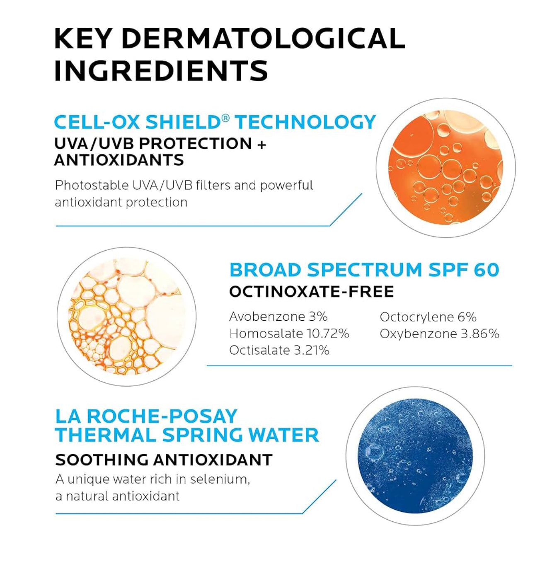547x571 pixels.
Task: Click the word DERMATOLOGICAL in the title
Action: [263, 39]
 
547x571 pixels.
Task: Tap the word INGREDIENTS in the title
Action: [161, 70]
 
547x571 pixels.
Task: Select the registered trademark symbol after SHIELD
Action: [225, 119]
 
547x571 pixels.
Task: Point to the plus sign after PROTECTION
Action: [262, 144]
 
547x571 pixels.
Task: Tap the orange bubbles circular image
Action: [445, 167]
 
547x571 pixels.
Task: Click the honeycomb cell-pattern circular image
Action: [126, 316]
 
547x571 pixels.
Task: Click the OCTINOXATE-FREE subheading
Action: [311, 292]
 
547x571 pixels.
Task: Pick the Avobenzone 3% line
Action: [278, 317]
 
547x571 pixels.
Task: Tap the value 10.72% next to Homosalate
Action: [328, 334]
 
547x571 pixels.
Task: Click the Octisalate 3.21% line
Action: [279, 350]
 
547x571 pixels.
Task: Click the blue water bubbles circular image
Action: [415, 456]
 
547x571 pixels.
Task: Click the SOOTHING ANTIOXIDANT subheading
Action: [164, 460]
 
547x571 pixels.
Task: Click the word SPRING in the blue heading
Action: [202, 435]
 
